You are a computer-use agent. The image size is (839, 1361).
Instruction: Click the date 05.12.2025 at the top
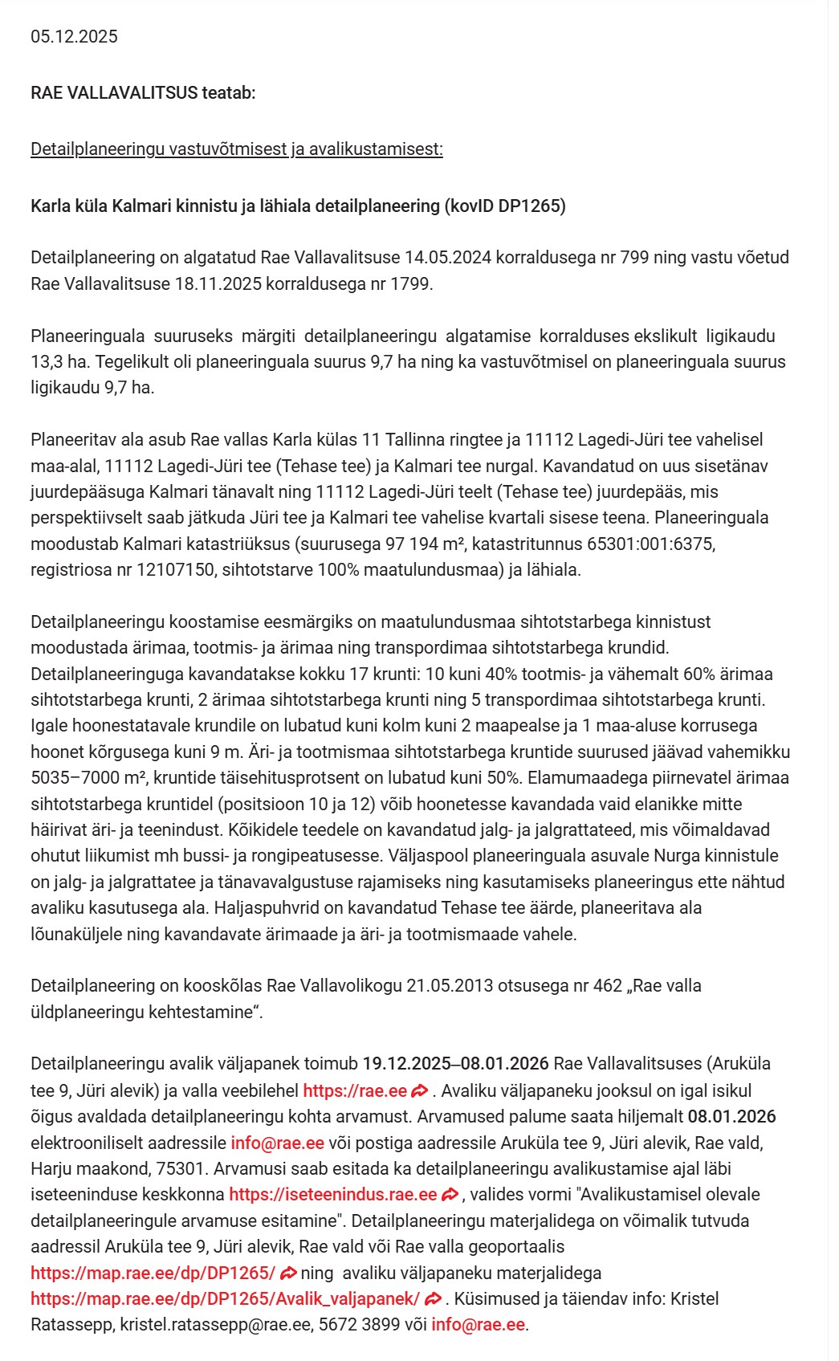coord(74,37)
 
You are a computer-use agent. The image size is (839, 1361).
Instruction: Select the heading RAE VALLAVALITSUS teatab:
coord(143,93)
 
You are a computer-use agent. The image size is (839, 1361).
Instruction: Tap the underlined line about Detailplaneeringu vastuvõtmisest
coord(236,149)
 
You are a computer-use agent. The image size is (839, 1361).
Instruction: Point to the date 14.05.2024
coord(447,258)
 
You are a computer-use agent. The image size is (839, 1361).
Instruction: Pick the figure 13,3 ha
coord(58,362)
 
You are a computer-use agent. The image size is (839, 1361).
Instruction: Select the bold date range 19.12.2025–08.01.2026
coord(455,1064)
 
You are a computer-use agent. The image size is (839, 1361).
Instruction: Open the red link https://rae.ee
coord(355,1091)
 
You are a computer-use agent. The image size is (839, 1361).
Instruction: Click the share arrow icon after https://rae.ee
coord(419,1091)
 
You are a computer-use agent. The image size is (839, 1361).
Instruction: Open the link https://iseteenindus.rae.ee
coord(332,1195)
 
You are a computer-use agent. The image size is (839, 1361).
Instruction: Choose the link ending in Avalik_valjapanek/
coord(225,1299)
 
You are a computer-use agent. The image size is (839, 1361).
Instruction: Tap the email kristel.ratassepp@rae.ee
coord(215,1325)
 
